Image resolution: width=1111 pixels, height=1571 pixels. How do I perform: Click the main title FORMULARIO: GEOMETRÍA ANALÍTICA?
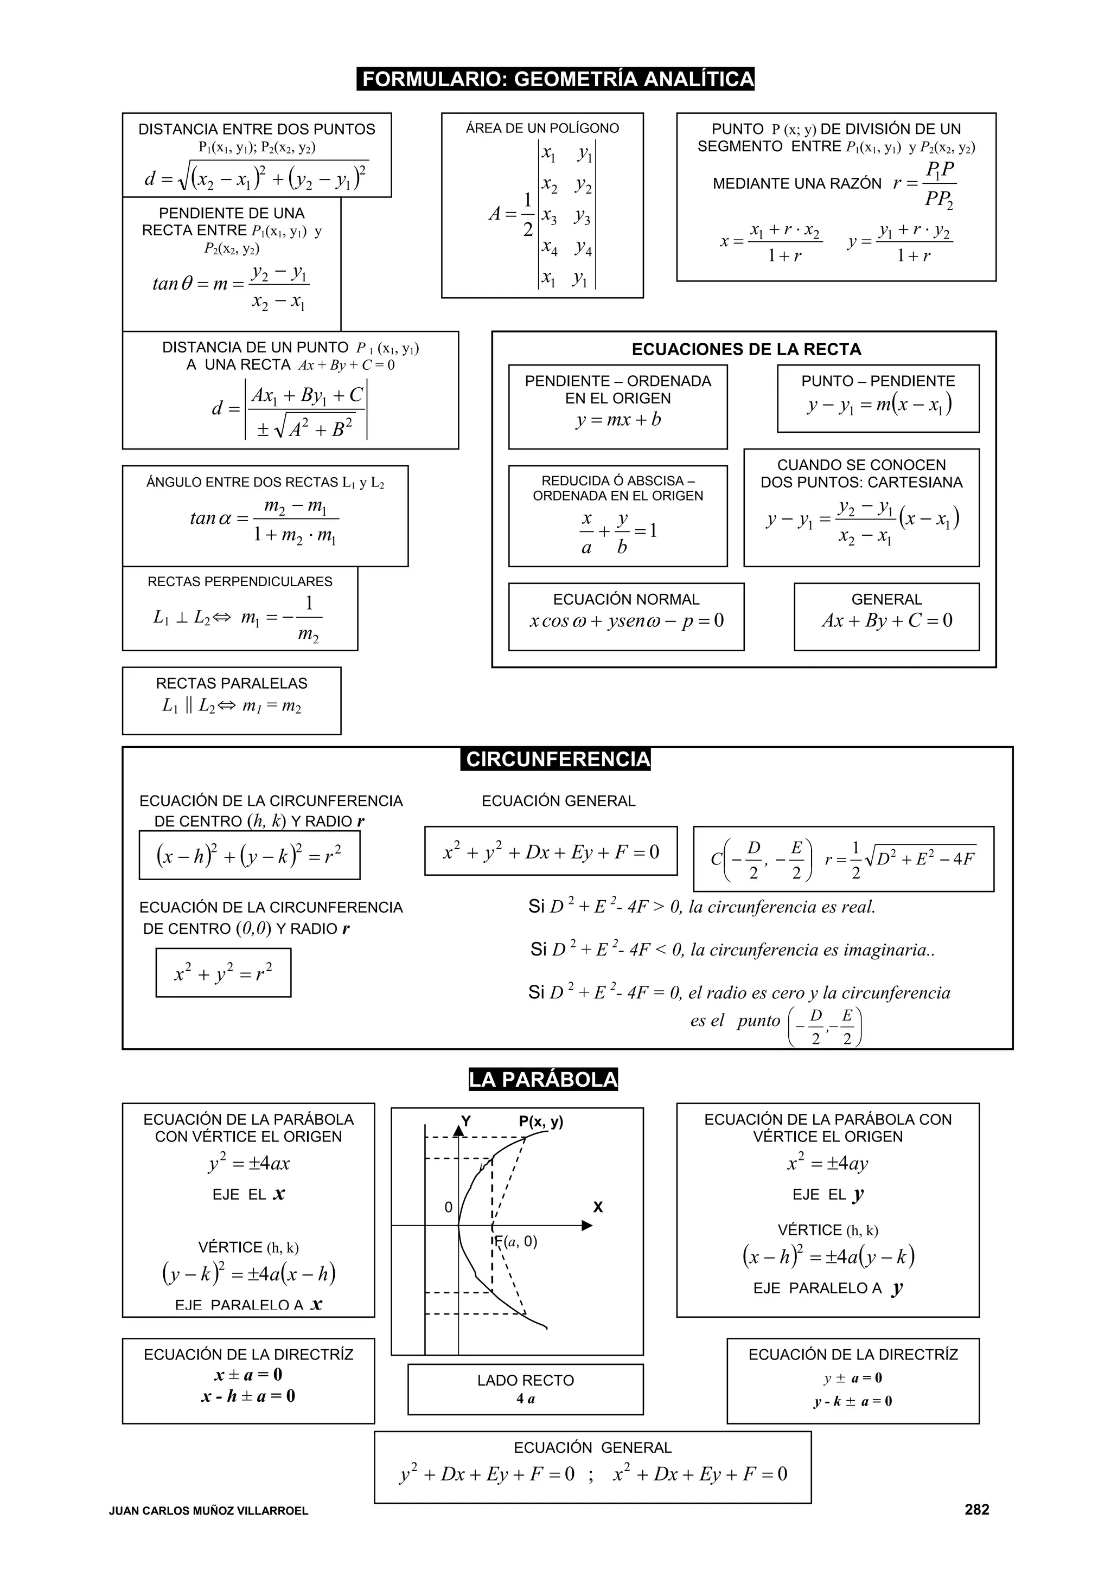[x=556, y=79]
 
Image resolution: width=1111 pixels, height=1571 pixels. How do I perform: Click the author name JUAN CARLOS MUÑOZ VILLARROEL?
[x=208, y=1511]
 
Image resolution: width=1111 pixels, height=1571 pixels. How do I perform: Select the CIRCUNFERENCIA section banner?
[x=556, y=760]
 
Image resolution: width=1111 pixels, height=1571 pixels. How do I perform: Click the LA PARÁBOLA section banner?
[x=543, y=1080]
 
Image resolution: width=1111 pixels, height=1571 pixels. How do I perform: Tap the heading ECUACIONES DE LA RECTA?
[x=745, y=350]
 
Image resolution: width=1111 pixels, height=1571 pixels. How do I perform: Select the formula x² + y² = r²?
[x=223, y=972]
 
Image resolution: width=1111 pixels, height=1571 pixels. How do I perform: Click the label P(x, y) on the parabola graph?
[x=541, y=1121]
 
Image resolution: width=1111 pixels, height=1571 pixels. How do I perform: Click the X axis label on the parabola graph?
[x=598, y=1207]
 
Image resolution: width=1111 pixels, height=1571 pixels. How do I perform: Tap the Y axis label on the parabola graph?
[x=465, y=1121]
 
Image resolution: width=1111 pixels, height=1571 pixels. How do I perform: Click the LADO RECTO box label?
[x=525, y=1380]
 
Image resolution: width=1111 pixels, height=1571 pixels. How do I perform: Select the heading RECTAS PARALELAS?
[x=232, y=683]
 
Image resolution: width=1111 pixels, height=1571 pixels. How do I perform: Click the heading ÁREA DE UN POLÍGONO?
[x=542, y=129]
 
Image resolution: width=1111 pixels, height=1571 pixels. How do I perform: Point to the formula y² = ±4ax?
[x=248, y=1163]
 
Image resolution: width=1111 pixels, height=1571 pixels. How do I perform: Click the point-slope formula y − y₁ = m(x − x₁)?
[x=879, y=405]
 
